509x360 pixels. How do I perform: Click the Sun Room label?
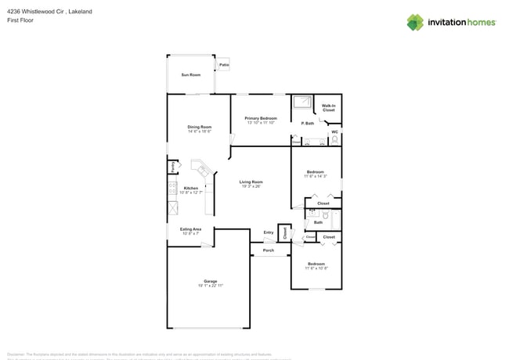click(190, 74)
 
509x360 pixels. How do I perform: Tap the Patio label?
click(224, 66)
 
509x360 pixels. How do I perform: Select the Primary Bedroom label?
click(261, 118)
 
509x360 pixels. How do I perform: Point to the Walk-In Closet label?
click(328, 107)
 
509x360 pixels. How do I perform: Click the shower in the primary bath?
click(301, 103)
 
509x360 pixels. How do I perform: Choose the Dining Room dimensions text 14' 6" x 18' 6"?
click(199, 131)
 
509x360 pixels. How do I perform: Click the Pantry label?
click(171, 167)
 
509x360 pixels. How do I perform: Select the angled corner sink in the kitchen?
click(203, 170)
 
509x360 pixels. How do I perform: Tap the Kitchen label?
click(190, 188)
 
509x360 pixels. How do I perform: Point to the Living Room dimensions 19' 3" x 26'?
click(251, 186)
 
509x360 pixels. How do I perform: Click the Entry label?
click(269, 232)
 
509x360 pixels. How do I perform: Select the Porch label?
click(268, 250)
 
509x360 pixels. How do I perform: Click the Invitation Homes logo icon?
click(415, 22)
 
